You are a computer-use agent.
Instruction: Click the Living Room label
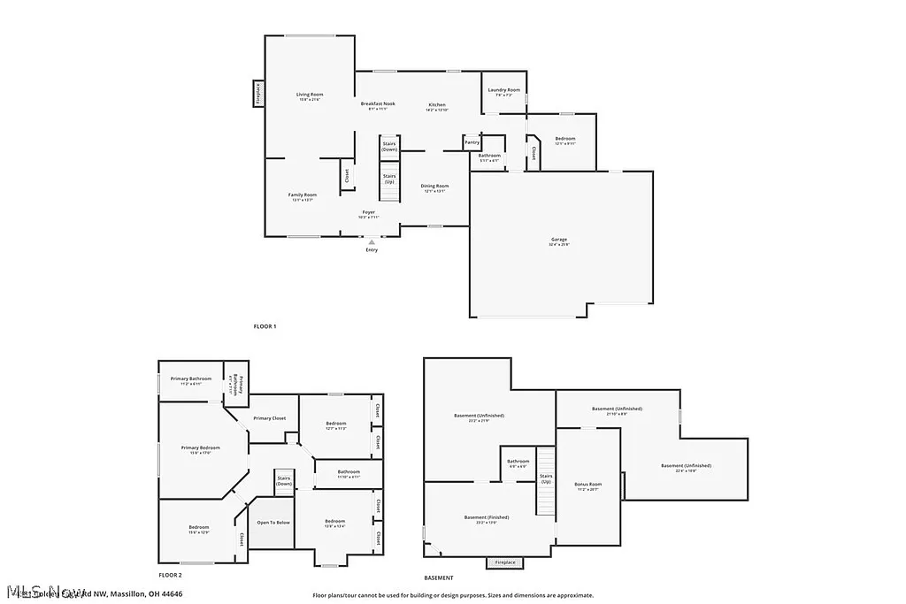(x=309, y=95)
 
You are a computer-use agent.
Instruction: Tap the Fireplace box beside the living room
(x=258, y=93)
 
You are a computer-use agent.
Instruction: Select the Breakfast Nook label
(x=378, y=104)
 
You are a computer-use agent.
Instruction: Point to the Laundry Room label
(x=503, y=90)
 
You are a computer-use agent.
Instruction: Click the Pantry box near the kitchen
(x=472, y=142)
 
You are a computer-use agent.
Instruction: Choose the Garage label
(x=558, y=240)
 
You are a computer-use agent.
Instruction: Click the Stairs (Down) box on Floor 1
(x=389, y=147)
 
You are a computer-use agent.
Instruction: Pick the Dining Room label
(x=436, y=187)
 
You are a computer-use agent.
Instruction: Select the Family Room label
(x=303, y=195)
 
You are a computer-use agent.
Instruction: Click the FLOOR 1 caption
(x=265, y=327)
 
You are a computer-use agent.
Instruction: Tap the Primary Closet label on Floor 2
(x=269, y=417)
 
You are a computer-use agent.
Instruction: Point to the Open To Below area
(x=273, y=523)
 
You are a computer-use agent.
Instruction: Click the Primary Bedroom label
(x=201, y=448)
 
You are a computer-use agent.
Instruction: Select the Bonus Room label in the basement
(x=588, y=485)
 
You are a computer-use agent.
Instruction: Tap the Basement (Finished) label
(x=487, y=517)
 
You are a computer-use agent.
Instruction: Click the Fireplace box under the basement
(x=505, y=562)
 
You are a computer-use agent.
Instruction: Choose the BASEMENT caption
(x=439, y=553)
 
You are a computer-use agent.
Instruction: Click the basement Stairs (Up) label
(x=546, y=478)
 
